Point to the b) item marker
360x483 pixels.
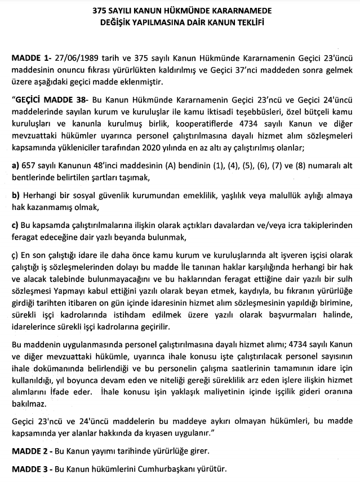click(16, 195)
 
